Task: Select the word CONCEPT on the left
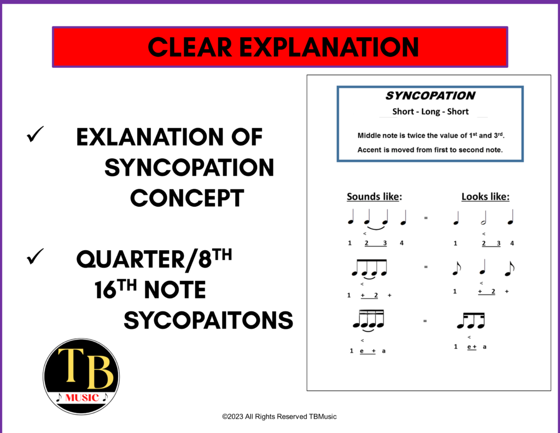(187, 198)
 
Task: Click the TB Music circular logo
(81, 377)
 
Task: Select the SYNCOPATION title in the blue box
(430, 96)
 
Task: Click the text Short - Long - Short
(430, 112)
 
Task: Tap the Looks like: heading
(485, 197)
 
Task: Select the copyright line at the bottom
(279, 417)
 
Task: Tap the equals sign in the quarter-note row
(425, 218)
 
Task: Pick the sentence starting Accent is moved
(430, 149)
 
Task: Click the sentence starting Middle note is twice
(430, 135)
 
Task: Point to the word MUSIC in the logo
(80, 397)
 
